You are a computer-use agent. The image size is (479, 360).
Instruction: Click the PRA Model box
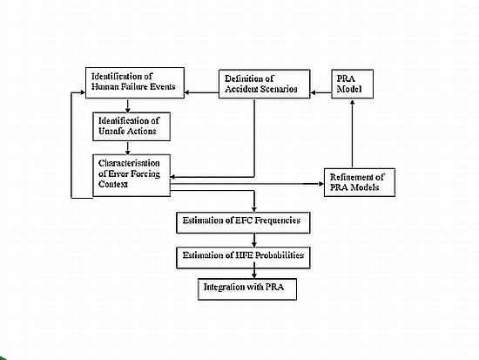point(352,84)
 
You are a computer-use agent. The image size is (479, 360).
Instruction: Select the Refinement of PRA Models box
point(359,182)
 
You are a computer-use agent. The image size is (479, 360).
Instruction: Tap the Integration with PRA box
point(247,289)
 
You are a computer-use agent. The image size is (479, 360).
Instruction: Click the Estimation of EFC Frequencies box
point(243,222)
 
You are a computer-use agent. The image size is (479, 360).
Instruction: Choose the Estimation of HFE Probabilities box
point(243,258)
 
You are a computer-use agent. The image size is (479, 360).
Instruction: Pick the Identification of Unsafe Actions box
point(132,126)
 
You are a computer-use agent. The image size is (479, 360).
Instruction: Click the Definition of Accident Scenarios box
point(264,84)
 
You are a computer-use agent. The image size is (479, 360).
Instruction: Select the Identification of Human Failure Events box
point(135,83)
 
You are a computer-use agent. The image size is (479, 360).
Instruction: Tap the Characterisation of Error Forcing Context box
point(132,175)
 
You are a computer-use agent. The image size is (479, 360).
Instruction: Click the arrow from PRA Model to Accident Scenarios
point(320,92)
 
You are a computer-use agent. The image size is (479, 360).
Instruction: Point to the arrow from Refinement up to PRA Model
point(352,133)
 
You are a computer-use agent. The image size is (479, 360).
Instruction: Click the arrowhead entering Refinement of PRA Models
point(321,184)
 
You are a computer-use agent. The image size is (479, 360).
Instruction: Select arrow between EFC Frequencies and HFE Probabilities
point(254,241)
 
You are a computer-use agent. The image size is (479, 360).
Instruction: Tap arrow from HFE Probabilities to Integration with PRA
point(254,274)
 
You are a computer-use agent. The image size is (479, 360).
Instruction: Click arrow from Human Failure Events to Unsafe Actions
point(128,105)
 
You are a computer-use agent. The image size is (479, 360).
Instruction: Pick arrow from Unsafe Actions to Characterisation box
point(128,147)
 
